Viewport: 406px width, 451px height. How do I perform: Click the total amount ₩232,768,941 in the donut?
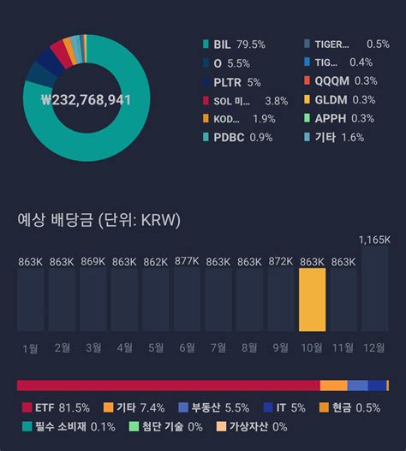coord(85,100)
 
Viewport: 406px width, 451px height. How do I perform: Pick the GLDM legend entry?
coord(333,100)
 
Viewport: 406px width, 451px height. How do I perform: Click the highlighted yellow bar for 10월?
coord(313,300)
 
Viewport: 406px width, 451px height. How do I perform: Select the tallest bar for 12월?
coord(375,290)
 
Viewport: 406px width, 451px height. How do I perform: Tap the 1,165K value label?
coord(375,239)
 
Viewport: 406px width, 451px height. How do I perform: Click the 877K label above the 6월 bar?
coord(187,261)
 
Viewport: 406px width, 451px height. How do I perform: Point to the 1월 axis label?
coord(30,348)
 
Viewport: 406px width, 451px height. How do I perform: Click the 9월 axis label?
coord(281,348)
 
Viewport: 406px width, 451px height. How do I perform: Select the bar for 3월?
coord(93,300)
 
